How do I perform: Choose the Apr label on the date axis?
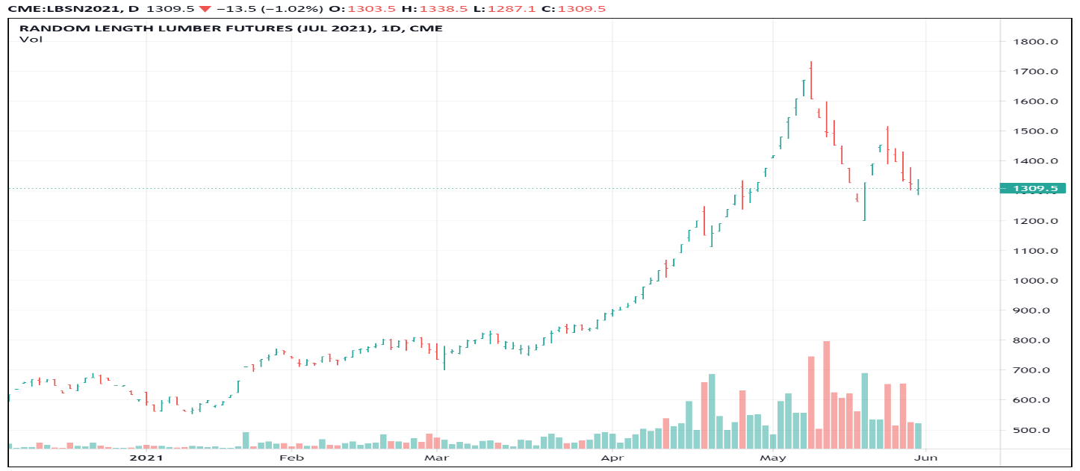click(x=612, y=456)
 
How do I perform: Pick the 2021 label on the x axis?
click(x=146, y=456)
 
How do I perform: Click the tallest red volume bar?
click(x=826, y=394)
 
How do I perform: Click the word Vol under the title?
click(x=31, y=40)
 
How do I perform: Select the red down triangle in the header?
click(x=205, y=9)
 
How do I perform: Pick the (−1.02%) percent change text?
click(x=277, y=9)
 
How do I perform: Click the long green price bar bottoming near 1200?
click(x=864, y=202)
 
